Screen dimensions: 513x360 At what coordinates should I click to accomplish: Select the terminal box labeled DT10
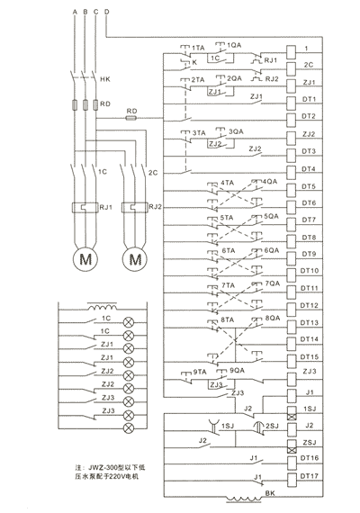click(x=310, y=270)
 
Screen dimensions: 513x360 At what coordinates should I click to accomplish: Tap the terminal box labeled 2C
click(x=310, y=65)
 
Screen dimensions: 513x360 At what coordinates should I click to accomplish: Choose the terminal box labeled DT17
click(x=310, y=475)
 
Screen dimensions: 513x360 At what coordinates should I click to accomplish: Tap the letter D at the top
click(x=107, y=10)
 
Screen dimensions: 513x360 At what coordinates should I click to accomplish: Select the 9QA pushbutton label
click(x=237, y=370)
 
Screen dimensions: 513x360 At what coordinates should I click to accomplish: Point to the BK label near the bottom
click(x=270, y=493)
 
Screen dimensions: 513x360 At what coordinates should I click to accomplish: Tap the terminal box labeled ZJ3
click(x=310, y=373)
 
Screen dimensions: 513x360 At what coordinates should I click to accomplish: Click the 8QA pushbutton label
click(x=272, y=319)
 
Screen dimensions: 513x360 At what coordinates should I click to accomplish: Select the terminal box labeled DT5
click(x=310, y=184)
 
